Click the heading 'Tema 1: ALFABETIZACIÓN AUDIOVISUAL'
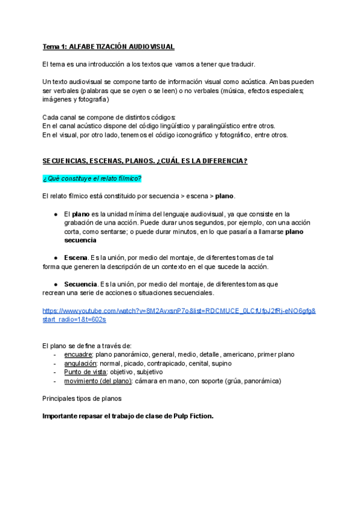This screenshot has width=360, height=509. coord(108,47)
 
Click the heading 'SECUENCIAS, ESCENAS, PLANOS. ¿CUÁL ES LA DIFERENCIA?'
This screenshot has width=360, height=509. coord(145,161)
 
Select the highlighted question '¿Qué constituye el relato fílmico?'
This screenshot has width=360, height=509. coord(92,178)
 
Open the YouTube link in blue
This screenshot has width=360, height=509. coord(179,310)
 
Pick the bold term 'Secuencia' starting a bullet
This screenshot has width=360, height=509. coord(80,284)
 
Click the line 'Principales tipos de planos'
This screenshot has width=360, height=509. coord(82,398)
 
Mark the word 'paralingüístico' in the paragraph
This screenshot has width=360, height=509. coord(218,125)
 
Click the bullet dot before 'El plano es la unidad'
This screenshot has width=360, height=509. coord(55,214)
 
